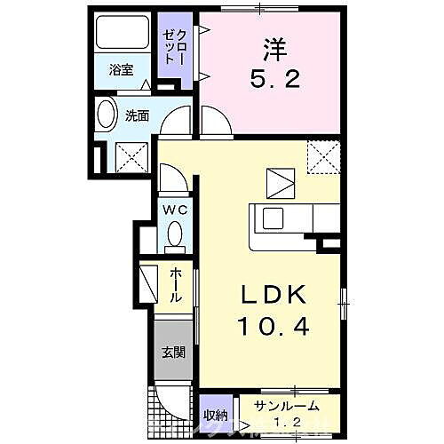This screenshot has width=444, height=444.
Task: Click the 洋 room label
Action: click(x=271, y=46)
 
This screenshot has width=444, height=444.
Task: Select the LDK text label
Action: click(x=272, y=295)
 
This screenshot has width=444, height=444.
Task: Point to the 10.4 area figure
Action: click(x=272, y=327)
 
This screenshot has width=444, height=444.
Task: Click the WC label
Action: click(x=174, y=210)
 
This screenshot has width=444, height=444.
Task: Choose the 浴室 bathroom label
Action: click(x=121, y=70)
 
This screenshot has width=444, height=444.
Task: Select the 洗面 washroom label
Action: click(x=136, y=115)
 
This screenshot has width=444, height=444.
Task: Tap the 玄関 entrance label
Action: click(x=172, y=351)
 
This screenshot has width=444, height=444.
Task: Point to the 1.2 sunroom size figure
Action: click(x=283, y=420)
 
